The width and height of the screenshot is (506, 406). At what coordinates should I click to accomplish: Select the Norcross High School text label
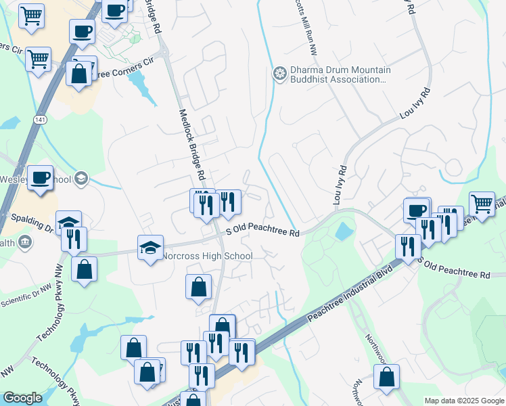pyautogui.click(x=207, y=256)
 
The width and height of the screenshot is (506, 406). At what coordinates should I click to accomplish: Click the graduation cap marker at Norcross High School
pyautogui.click(x=150, y=248)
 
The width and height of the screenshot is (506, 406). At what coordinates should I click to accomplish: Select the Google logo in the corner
pyautogui.click(x=23, y=398)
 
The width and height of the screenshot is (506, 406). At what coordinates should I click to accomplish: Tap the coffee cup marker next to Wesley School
pyautogui.click(x=40, y=177)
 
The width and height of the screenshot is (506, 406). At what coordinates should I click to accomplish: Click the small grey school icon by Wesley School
pyautogui.click(x=81, y=179)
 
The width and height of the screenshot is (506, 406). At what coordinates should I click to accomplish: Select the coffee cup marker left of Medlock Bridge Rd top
pyautogui.click(x=83, y=30)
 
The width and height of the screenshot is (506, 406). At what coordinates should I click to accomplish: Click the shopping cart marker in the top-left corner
pyautogui.click(x=30, y=15)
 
